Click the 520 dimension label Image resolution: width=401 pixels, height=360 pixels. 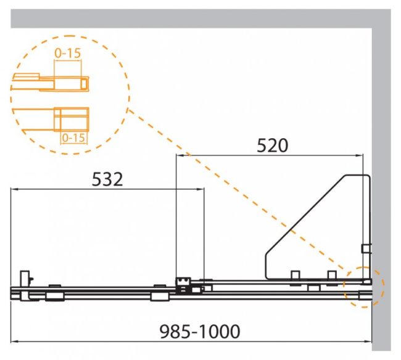(x=272, y=145)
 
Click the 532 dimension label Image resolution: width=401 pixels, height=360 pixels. (x=107, y=179)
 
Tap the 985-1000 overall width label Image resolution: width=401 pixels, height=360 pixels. (x=200, y=332)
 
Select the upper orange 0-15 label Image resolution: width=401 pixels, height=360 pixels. (x=67, y=53)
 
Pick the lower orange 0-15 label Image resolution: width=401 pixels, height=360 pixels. (x=73, y=138)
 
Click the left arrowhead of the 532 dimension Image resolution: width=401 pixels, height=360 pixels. (x=14, y=189)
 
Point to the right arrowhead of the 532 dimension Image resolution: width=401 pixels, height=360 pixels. (x=200, y=189)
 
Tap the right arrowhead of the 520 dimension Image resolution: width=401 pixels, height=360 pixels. (x=359, y=155)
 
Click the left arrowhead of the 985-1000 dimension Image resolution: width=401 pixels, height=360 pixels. (x=15, y=341)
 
